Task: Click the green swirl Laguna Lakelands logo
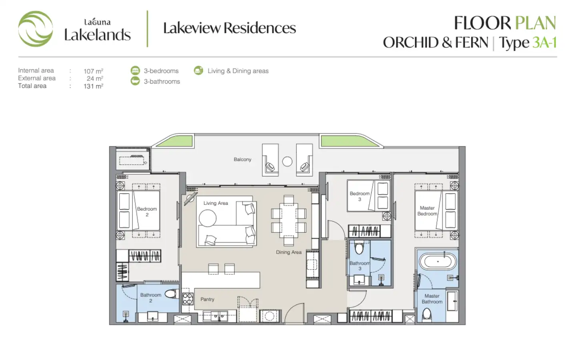click(36, 29)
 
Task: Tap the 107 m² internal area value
click(93, 71)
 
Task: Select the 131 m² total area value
click(93, 86)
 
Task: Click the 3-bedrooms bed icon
click(135, 70)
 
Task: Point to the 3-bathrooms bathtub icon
click(135, 81)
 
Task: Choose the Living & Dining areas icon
click(198, 70)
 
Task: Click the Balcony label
click(242, 160)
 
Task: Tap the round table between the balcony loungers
click(287, 162)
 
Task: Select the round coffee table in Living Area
click(208, 218)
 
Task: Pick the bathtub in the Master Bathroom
click(438, 262)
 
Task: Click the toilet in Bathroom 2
click(172, 294)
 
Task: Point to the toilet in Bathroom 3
click(359, 247)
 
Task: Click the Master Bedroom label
click(427, 211)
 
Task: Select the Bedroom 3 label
click(360, 196)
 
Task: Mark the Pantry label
click(207, 299)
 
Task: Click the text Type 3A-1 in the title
click(528, 43)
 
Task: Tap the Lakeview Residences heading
click(230, 28)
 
